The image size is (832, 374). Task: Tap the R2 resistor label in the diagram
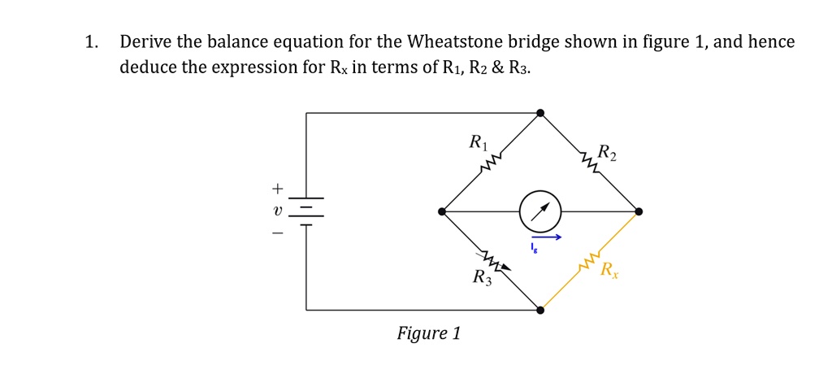coord(607,153)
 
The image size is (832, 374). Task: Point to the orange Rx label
coord(609,270)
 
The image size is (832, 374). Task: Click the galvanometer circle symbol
coord(540,211)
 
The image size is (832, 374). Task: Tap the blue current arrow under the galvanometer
coord(547,237)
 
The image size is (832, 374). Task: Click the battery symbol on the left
coord(306,211)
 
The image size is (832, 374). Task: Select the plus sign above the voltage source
coord(278,189)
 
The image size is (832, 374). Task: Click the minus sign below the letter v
coord(278,233)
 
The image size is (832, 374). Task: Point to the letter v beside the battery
coord(278,211)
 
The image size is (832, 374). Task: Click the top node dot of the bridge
coord(540,113)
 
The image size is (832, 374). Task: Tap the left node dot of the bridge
coord(442,211)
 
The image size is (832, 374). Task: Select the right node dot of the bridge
coord(639,211)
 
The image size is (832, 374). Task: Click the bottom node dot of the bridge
coord(540,310)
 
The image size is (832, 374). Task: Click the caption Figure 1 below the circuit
coord(429,333)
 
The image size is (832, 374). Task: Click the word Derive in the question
coord(145,42)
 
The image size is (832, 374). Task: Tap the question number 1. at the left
coord(92,42)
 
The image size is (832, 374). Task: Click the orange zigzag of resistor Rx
coord(588,263)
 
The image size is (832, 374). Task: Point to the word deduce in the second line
coord(147,67)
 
